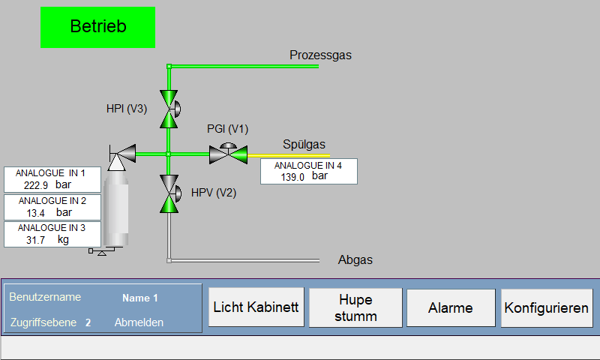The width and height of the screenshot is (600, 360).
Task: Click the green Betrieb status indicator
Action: [97, 27]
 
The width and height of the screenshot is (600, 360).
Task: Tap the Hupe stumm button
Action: [355, 307]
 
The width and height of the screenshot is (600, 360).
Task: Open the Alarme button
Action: [451, 307]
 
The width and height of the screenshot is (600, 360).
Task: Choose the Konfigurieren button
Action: [547, 307]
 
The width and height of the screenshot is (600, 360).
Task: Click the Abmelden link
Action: [139, 322]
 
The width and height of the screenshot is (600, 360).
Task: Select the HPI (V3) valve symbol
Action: [169, 109]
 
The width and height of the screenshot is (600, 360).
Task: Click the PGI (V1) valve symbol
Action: [229, 154]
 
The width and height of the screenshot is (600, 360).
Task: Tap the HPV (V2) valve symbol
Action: [169, 193]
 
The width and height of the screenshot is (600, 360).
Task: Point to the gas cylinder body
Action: [116, 208]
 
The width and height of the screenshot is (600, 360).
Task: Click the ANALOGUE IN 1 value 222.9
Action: [36, 185]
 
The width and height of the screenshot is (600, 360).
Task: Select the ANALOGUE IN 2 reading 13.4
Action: [35, 213]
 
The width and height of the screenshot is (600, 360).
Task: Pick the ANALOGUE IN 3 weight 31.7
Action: [35, 240]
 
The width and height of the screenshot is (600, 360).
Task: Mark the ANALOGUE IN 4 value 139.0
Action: [292, 177]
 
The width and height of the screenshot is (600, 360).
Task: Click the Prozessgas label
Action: [320, 55]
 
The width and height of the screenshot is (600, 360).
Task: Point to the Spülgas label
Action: [304, 144]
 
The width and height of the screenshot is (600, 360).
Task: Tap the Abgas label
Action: [355, 259]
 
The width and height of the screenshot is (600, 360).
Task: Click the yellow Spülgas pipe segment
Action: [289, 156]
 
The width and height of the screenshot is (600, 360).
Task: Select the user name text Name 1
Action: [140, 298]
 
